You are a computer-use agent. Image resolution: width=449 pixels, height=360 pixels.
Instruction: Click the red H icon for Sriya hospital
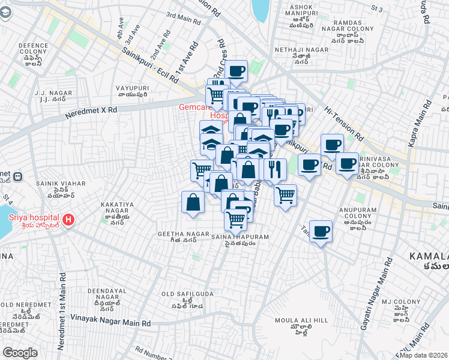tap(69, 220)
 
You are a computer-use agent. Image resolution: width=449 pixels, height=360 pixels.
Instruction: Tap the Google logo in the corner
tap(20, 353)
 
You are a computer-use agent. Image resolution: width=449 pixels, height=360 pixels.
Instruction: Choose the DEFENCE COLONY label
tap(33, 49)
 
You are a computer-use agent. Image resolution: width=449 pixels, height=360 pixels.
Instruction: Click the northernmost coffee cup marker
tap(236, 71)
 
